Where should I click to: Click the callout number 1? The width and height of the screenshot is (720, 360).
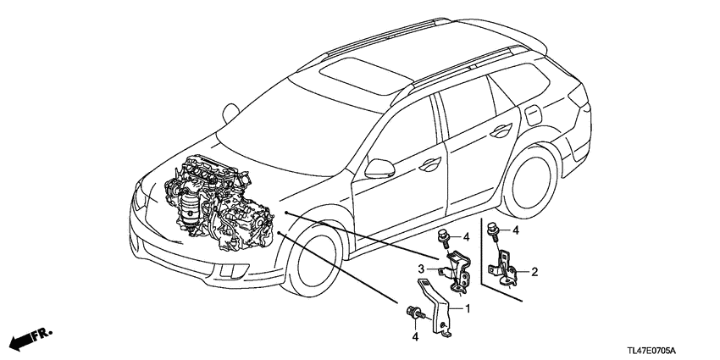pos(464,310)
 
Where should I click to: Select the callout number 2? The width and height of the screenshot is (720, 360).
pos(534,271)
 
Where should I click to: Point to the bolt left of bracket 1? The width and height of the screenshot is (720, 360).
pos(413,313)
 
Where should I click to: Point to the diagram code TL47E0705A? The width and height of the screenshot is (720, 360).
pos(673,346)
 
